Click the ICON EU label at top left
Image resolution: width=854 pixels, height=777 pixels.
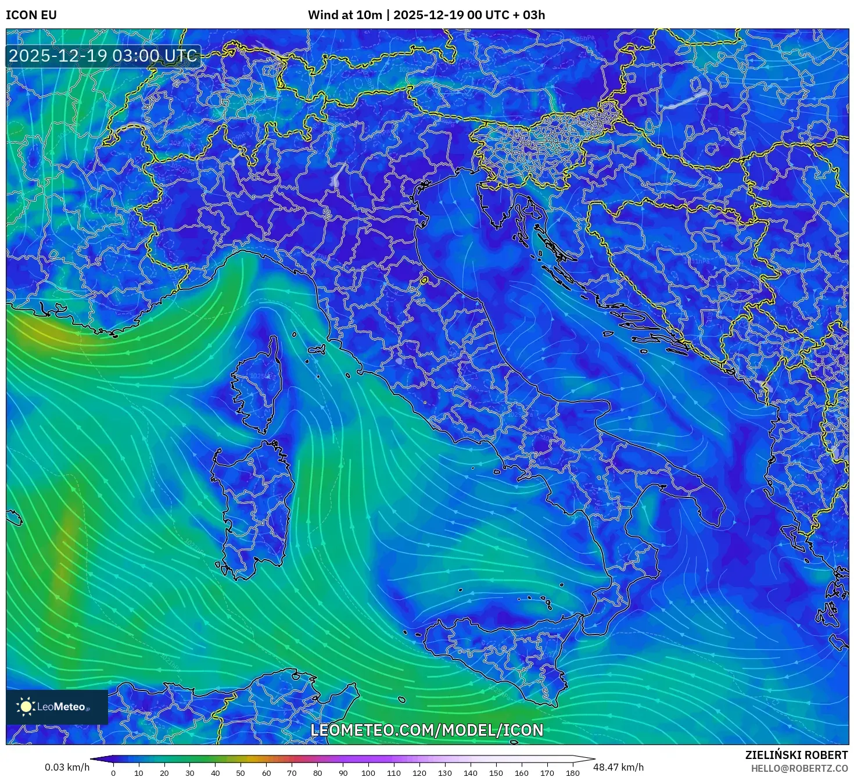31,15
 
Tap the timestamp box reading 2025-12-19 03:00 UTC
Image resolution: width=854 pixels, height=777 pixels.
103,56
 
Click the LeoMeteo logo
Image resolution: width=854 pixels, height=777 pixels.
57,707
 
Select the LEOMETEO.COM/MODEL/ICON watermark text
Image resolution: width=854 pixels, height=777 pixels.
427,731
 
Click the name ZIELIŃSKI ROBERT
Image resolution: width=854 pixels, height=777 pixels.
796,755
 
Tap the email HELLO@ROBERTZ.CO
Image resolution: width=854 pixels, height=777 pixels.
799,768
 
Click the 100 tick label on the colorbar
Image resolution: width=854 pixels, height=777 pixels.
368,773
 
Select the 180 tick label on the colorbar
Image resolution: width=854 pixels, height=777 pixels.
572,773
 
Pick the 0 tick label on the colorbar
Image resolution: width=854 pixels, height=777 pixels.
113,773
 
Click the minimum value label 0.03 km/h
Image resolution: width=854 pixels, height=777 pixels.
67,767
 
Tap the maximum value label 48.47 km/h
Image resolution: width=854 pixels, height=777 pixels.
618,767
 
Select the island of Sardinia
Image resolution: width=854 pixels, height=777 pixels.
253,506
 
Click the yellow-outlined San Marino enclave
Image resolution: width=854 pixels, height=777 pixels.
424,281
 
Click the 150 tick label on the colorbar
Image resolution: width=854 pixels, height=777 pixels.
496,773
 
